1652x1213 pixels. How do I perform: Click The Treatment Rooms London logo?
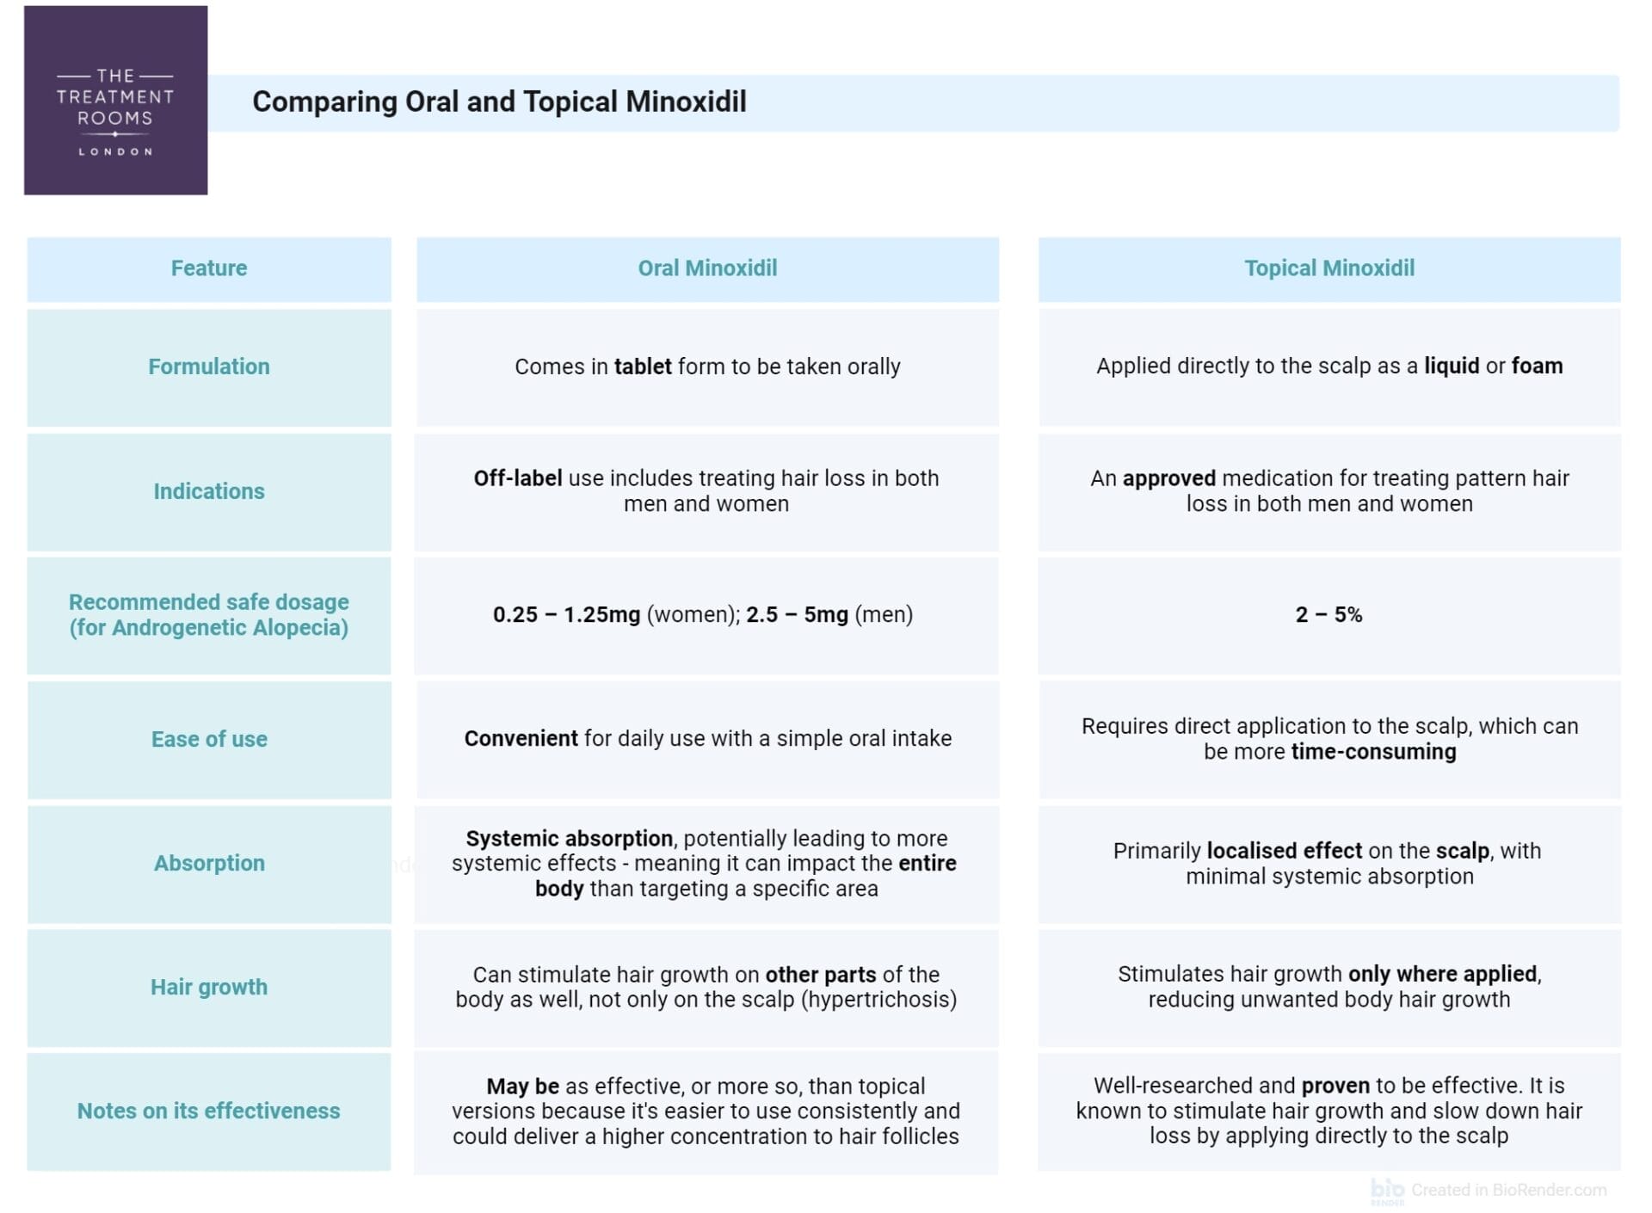115,101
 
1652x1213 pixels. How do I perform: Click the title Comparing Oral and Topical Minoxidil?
499,102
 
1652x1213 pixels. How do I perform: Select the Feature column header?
209,268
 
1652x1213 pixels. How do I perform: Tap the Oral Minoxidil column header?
707,268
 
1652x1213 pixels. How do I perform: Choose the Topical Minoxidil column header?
1329,268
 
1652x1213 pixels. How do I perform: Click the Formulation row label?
209,366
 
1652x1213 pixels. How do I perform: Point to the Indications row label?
209,491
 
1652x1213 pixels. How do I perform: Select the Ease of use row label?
209,739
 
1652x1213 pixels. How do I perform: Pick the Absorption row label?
209,863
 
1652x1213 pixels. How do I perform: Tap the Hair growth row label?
209,987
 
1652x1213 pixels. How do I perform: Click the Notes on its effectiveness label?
209,1111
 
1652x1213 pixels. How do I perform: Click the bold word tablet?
643,366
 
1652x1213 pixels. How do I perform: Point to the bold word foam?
1537,366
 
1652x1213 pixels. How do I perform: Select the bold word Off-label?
518,478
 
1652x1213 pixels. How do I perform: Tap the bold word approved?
1168,478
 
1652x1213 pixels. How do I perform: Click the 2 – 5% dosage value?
1328,615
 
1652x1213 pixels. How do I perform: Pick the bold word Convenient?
521,739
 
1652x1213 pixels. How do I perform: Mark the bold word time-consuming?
1373,752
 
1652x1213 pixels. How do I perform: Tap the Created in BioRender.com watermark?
1507,1190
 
